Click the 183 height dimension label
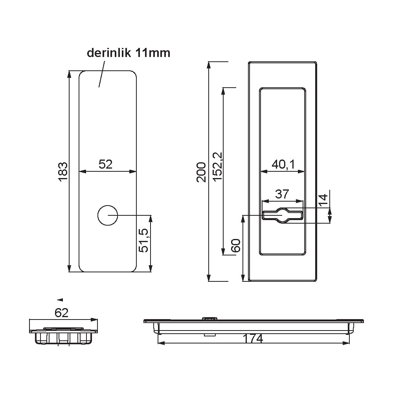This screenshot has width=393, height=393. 63,171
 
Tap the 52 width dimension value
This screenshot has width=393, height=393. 105,164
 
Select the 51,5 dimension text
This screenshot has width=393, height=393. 144,241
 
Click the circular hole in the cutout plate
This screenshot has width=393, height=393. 108,215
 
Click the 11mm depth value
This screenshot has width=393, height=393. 153,53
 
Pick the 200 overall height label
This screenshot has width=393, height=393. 201,172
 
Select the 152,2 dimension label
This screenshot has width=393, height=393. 218,166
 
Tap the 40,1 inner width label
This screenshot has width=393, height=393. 283,164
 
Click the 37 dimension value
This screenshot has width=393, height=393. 282,194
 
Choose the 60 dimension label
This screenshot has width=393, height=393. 236,245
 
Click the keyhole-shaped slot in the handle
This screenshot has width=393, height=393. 283,215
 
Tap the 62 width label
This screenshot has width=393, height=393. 61,313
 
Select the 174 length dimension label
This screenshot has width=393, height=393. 253,339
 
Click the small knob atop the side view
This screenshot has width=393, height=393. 209,319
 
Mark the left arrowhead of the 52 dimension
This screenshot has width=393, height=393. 83,171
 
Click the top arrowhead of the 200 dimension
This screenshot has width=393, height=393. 209,65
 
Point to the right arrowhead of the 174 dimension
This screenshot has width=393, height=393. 345,343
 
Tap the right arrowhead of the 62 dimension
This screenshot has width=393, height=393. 94,320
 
